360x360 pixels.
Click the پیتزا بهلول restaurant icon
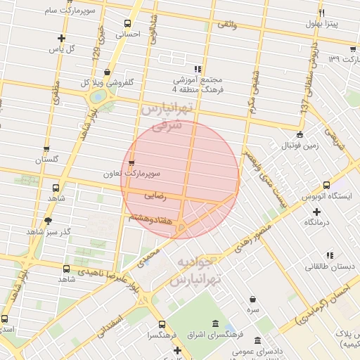pyautogui.click(x=322, y=13)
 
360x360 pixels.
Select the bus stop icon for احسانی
pyautogui.click(x=127, y=22)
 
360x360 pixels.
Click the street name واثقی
pyautogui.click(x=228, y=25)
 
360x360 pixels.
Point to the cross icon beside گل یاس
pyautogui.click(x=62, y=38)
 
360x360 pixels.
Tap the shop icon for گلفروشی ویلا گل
pyautogui.click(x=107, y=71)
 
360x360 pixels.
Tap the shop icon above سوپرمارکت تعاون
pyautogui.click(x=131, y=163)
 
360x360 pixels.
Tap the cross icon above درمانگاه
pyautogui.click(x=316, y=211)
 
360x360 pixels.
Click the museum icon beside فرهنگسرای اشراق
pyautogui.click(x=214, y=323)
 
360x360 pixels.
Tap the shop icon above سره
pyautogui.click(x=252, y=299)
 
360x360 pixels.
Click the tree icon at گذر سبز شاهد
pyautogui.click(x=48, y=221)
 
